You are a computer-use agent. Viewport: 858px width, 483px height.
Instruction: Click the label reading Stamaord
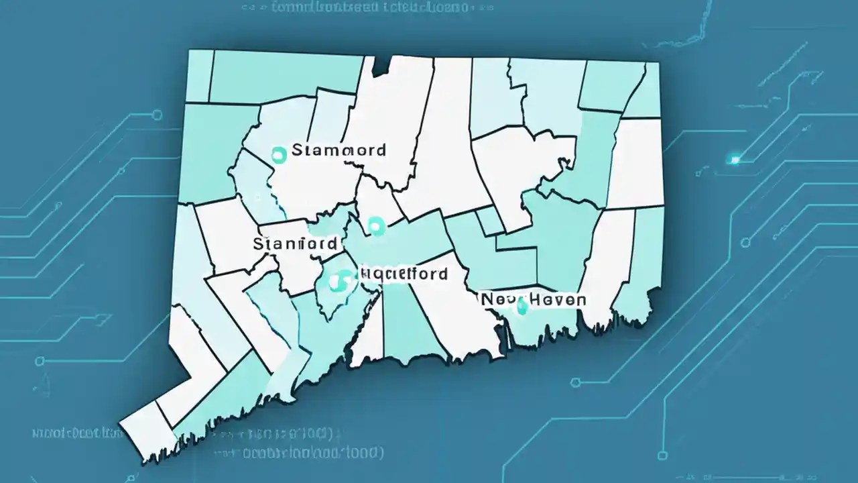339,150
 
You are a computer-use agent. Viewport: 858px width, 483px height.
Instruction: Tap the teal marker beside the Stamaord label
278,155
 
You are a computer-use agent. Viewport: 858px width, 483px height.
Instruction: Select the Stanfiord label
295,244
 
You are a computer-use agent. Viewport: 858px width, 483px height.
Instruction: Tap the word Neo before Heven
498,300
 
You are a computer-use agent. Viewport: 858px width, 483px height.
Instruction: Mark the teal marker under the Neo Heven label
522,309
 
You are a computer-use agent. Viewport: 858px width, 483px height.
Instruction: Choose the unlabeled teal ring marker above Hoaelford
376,225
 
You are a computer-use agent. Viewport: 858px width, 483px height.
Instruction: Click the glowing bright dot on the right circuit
735,160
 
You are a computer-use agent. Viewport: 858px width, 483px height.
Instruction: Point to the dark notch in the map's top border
381,64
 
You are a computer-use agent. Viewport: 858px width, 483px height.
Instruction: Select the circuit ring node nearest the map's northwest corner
158,115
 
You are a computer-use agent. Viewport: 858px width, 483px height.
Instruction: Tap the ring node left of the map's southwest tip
41,361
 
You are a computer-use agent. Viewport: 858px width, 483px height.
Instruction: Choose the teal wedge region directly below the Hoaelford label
407,322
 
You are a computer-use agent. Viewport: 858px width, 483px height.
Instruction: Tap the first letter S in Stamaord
298,150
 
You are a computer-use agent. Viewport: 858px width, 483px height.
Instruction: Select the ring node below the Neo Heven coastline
574,383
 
